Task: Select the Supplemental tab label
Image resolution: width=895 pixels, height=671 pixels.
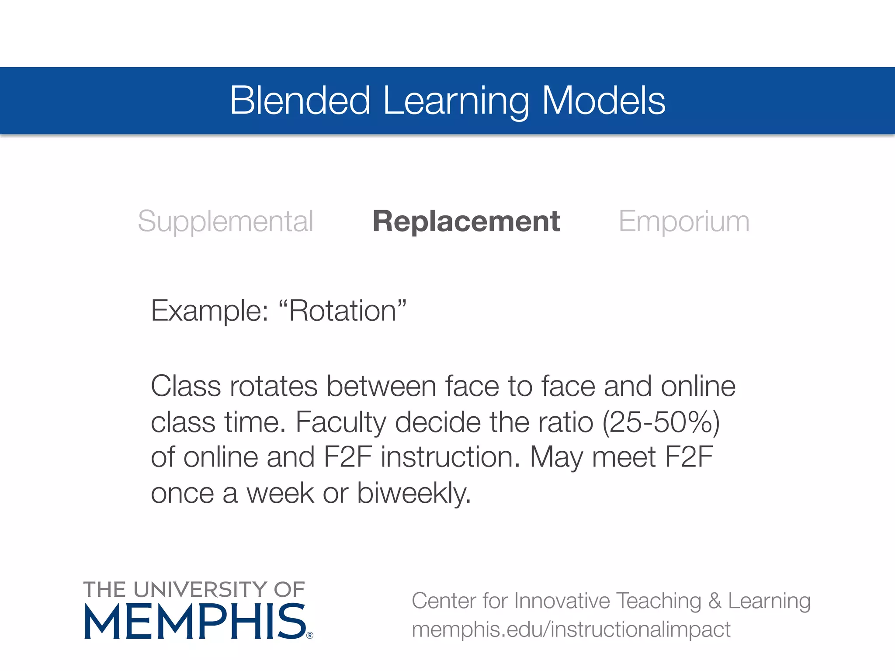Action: click(225, 221)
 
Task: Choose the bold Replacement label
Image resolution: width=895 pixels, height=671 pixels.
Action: click(466, 221)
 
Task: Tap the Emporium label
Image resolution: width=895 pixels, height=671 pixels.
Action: click(684, 221)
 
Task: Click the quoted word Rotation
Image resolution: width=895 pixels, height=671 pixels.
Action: click(342, 311)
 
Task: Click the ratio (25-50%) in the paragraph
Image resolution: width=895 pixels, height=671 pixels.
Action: click(661, 422)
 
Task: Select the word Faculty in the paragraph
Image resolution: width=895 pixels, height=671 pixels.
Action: click(341, 422)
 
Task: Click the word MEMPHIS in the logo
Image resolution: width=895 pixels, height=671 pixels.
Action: click(195, 622)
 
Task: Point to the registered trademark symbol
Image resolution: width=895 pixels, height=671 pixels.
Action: click(310, 635)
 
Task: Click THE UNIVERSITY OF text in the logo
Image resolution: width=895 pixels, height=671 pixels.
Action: click(194, 590)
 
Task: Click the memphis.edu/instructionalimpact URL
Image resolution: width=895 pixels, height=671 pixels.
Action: click(571, 629)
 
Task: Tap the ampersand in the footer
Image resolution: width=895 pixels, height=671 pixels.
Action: click(715, 601)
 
